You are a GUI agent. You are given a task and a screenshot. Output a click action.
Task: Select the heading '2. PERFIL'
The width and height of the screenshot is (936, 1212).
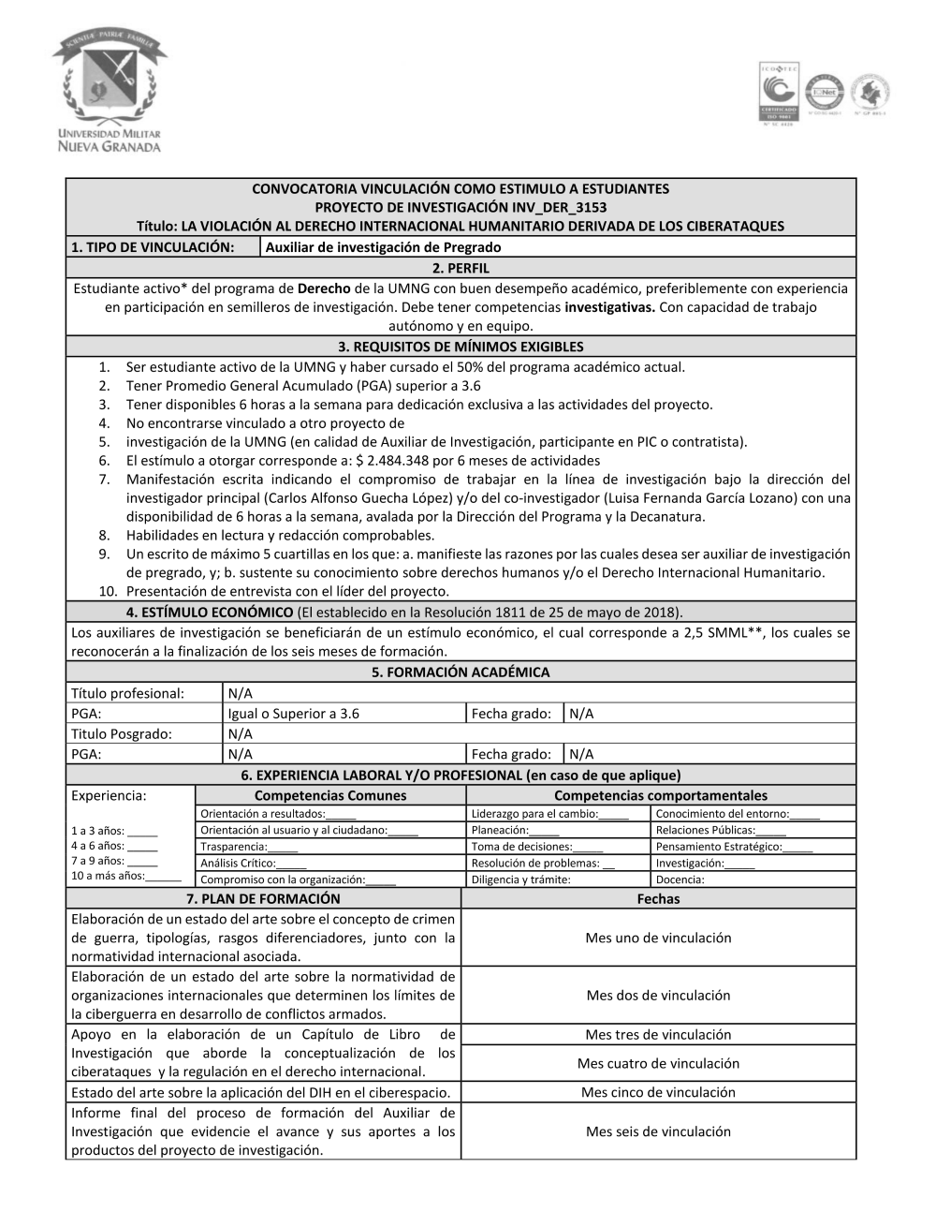[461, 268]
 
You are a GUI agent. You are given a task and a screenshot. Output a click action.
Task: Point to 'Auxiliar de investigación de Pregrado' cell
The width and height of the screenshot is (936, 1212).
[384, 247]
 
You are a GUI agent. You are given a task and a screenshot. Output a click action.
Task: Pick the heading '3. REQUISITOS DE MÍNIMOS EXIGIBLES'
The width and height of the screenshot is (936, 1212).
[461, 347]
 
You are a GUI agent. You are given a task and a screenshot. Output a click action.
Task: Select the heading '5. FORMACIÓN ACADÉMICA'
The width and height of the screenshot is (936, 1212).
[461, 673]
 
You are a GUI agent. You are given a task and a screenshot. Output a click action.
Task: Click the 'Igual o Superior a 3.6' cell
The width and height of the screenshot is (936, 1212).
[294, 714]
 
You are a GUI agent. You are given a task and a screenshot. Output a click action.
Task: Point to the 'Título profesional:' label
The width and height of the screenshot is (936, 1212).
[128, 693]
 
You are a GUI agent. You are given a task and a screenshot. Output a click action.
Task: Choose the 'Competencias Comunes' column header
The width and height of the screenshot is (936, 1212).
[330, 795]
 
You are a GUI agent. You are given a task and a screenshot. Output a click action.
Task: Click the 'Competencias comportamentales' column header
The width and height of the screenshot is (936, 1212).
[660, 795]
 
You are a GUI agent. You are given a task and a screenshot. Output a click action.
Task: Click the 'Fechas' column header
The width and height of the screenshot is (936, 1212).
[658, 899]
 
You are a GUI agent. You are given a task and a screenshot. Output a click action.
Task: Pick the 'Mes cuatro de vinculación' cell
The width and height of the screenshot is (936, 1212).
[658, 1064]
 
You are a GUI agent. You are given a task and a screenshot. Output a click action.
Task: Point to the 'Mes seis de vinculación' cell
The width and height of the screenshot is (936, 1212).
[658, 1131]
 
